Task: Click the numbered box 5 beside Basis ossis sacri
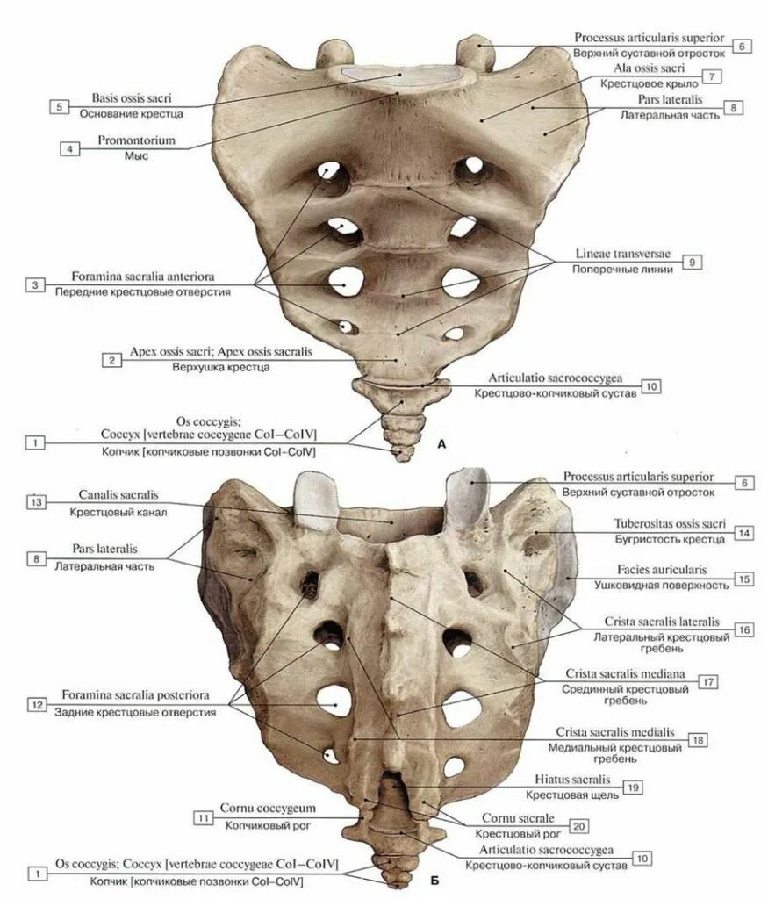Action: tap(59, 106)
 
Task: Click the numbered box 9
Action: tap(692, 262)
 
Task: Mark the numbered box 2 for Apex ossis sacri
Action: tap(111, 360)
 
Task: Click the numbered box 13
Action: tap(36, 502)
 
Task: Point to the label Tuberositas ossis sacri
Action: tap(670, 523)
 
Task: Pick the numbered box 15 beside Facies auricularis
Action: tap(743, 579)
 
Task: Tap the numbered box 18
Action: tap(698, 739)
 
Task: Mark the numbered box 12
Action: tap(36, 704)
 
